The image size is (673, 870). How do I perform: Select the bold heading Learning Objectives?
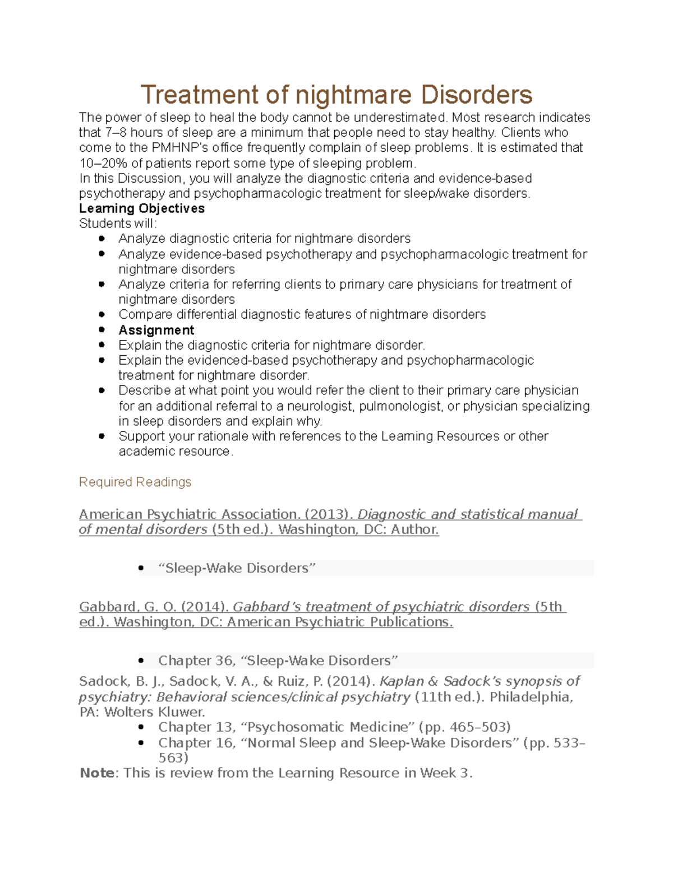pos(142,208)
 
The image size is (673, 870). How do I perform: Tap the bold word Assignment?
pos(156,330)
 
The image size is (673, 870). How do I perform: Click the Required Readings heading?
pos(135,482)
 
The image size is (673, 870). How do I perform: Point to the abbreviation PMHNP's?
pos(176,148)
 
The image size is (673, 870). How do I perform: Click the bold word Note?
pos(97,773)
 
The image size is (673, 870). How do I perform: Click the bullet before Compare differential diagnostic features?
pos(102,315)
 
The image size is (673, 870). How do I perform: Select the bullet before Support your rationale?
pos(102,436)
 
